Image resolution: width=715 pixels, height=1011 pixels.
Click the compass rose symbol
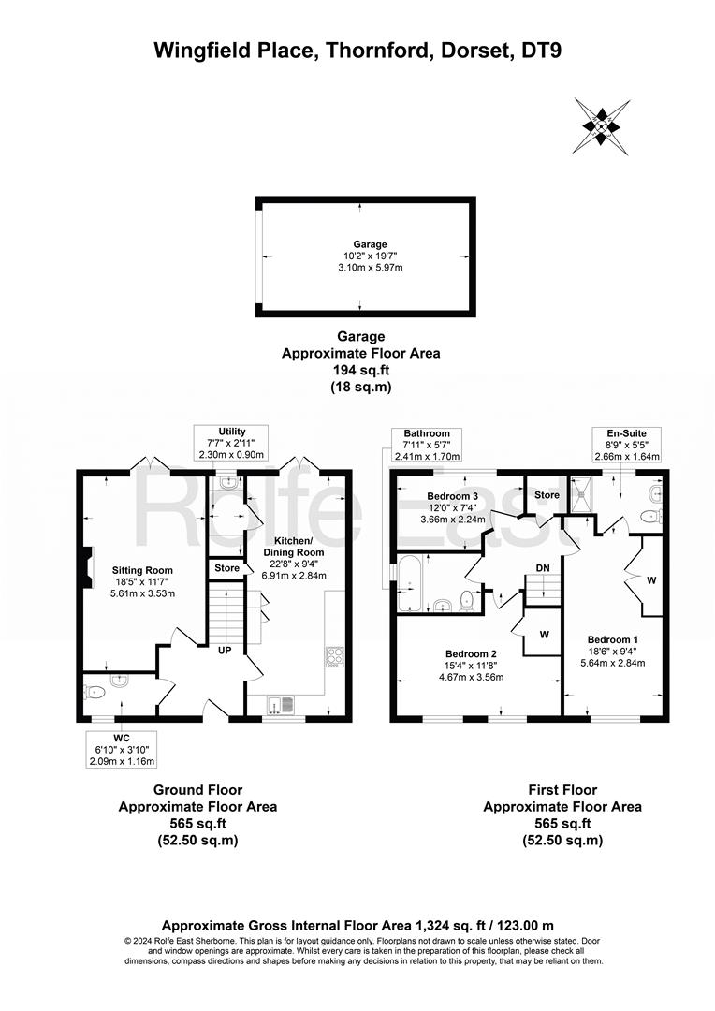coord(601,125)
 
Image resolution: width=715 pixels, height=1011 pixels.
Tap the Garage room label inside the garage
coord(370,244)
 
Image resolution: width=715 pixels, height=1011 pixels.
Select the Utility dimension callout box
coord(232,443)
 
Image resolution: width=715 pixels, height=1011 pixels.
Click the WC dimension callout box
coord(122,749)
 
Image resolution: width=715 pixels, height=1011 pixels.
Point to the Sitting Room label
coord(142,570)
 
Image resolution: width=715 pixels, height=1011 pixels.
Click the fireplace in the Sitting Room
coord(86,567)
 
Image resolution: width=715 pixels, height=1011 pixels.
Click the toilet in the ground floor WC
coord(95,693)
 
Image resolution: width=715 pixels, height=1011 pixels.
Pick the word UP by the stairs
coord(225,651)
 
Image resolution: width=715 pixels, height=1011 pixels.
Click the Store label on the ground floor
coord(226,568)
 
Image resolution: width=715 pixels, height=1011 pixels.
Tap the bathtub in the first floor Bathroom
coord(410,585)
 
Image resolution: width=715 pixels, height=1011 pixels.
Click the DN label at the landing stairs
coord(543,567)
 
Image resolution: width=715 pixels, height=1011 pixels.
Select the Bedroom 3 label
coord(453,496)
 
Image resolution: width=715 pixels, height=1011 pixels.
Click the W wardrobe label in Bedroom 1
coord(651,580)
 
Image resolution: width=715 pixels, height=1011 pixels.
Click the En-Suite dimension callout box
coord(627,444)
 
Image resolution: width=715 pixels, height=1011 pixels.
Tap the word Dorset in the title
coord(473,50)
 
